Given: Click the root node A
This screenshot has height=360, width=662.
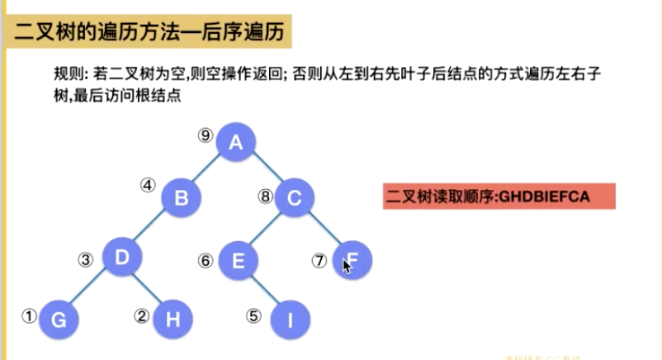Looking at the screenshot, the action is [x=236, y=143].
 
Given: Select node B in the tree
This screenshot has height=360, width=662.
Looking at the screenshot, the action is [x=182, y=197].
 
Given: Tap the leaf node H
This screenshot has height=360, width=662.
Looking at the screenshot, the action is [x=173, y=319].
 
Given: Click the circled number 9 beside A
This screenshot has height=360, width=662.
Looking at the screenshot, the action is [x=206, y=135].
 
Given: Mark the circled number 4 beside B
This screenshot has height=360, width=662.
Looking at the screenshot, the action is [x=147, y=185].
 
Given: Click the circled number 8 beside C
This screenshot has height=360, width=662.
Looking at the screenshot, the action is [x=264, y=197].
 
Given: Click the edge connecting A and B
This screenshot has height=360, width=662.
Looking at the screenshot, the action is [x=209, y=170].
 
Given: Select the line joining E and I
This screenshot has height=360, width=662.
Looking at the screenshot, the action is [x=264, y=290].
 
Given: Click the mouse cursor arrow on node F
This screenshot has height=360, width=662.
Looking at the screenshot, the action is [x=348, y=266].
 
